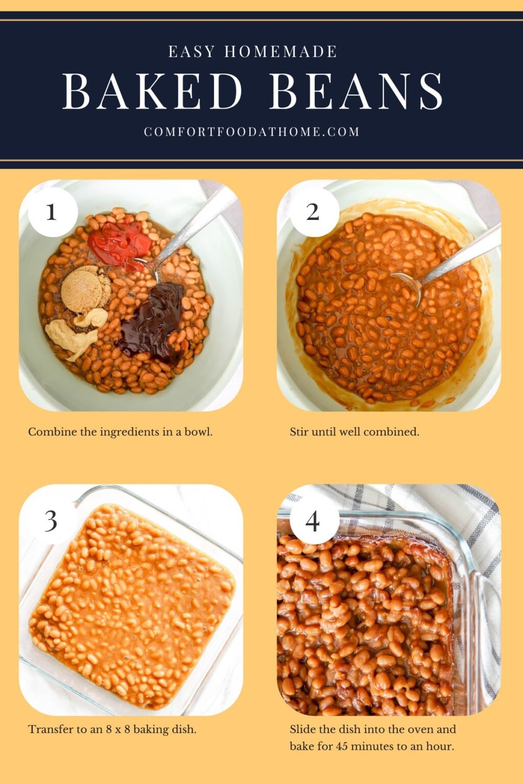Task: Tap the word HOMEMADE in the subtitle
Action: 280,52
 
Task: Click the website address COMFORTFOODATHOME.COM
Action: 252,132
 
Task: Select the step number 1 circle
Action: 52,212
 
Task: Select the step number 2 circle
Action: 313,212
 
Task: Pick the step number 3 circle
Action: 51,521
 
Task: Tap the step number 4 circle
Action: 313,521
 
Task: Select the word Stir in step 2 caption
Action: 299,432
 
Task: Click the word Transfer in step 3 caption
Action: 50,729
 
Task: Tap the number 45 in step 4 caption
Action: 342,746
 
